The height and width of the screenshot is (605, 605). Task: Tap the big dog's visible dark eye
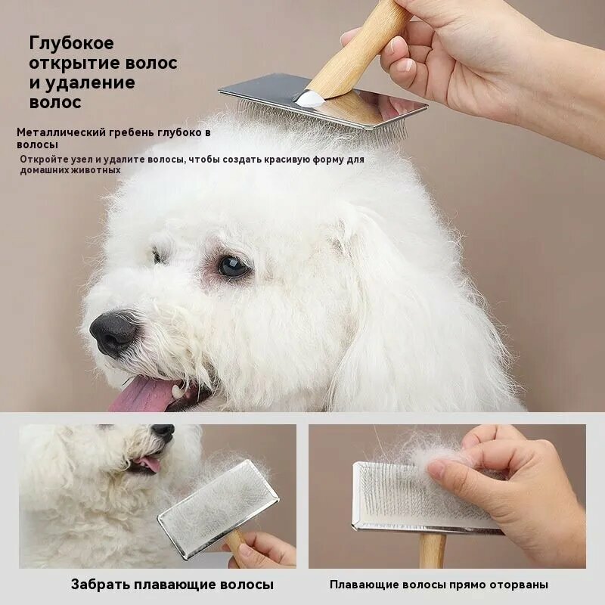[232, 265]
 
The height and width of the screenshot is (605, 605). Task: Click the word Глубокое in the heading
[72, 43]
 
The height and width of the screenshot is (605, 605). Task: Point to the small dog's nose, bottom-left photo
[163, 431]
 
